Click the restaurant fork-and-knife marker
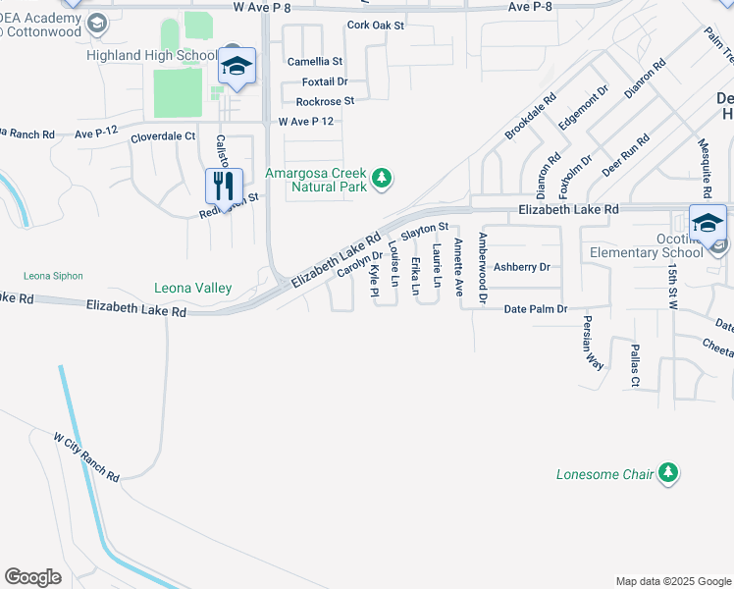(224, 184)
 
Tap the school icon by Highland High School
(236, 66)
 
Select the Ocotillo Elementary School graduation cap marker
(708, 223)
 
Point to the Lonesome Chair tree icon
(668, 474)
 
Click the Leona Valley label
(192, 288)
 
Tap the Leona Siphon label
(53, 276)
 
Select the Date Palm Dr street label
(536, 309)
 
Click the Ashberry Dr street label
(521, 266)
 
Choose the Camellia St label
(314, 61)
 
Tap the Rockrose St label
(325, 101)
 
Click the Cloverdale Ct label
(163, 138)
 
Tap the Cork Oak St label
(376, 26)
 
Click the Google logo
(32, 577)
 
